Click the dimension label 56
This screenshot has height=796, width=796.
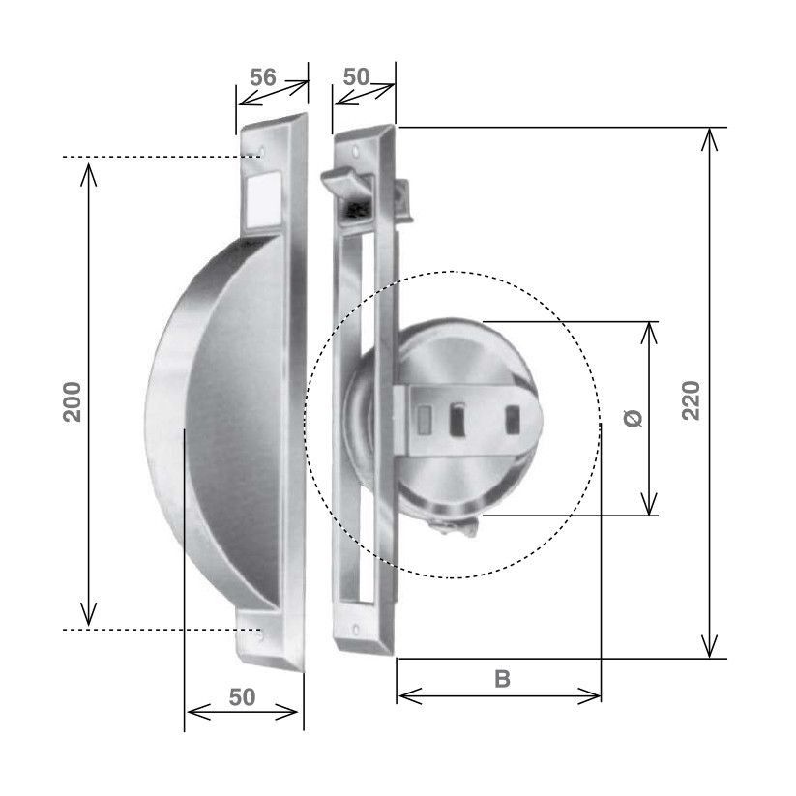pyautogui.click(x=263, y=78)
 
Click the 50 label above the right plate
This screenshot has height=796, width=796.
pyautogui.click(x=357, y=77)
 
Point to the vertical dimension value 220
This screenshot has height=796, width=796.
pyautogui.click(x=690, y=399)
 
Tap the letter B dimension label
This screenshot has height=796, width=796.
pyautogui.click(x=502, y=679)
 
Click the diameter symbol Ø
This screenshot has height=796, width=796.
pyautogui.click(x=631, y=418)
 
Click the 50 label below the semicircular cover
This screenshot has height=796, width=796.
pyautogui.click(x=243, y=696)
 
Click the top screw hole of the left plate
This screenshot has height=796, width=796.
pyautogui.click(x=261, y=152)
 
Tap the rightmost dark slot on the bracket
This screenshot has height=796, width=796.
pyautogui.click(x=514, y=421)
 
